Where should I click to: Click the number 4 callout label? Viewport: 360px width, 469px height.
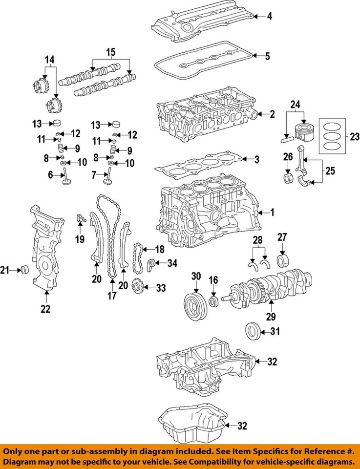tap(269, 17)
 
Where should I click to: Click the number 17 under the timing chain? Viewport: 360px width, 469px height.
tap(112, 295)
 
